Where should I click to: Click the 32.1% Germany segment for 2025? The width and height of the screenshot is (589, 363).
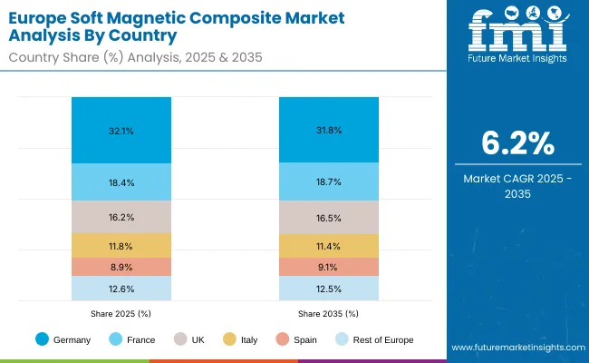[121, 131]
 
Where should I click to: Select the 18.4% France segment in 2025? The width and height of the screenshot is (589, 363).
[121, 182]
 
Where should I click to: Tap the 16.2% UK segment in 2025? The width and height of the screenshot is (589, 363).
[121, 218]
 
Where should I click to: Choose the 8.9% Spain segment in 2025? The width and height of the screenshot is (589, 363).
[121, 267]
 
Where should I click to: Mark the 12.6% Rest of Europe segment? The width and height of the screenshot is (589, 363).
[121, 289]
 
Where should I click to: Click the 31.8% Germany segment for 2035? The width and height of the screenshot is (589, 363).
[329, 131]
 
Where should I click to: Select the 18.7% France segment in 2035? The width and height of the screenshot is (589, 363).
[329, 182]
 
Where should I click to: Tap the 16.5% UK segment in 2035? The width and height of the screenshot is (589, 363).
[329, 218]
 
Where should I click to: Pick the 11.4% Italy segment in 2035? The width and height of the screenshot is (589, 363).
[329, 245]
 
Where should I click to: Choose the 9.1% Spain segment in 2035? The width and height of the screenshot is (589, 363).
[329, 267]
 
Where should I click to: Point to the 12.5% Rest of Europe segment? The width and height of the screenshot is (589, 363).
[329, 289]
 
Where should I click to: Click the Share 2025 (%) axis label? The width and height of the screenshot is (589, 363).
[121, 312]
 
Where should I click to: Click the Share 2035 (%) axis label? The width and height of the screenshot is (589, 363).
[329, 312]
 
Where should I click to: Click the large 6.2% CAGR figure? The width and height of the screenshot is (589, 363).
[514, 143]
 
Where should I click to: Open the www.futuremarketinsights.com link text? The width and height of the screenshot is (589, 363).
[514, 348]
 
